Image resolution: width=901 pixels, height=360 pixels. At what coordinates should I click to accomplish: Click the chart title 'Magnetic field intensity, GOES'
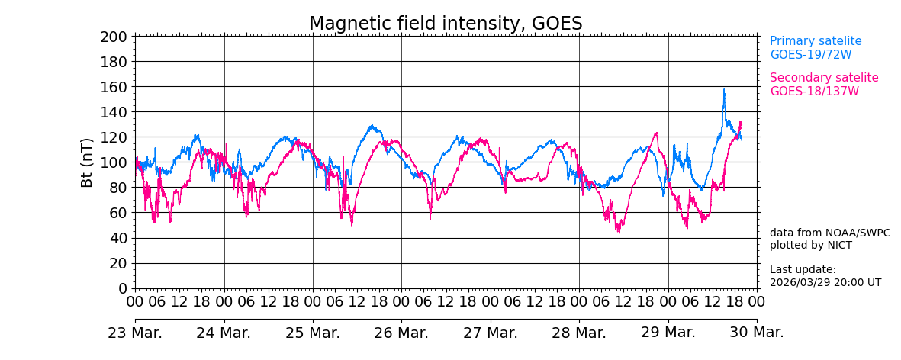point(446,24)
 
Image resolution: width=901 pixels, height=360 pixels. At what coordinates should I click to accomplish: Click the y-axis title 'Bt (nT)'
point(87,162)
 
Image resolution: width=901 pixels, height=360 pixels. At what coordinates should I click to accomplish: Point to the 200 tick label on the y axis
point(113,37)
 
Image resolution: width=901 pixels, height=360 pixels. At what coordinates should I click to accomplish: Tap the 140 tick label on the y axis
point(113,112)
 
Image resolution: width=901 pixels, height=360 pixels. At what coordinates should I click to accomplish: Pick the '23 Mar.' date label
point(135,333)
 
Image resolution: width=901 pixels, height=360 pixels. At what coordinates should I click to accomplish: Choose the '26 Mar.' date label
point(401,333)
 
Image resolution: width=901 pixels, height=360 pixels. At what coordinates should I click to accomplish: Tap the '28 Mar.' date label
point(579,333)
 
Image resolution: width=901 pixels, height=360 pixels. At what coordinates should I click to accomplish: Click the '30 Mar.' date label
point(756,333)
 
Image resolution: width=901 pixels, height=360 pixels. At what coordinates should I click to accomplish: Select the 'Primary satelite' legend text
point(816,41)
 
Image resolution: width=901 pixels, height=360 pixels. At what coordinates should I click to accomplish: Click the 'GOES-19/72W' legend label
point(810,55)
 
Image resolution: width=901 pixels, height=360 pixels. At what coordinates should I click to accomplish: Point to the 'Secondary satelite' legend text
point(824,78)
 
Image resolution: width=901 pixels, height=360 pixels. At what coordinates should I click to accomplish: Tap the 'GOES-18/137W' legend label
point(814,92)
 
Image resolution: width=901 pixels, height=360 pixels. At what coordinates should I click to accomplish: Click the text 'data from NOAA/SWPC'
point(829,233)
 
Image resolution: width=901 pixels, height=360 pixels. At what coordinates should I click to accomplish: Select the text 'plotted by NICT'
point(810,246)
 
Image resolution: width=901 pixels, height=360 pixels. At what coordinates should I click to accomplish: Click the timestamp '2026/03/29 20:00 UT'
point(825,282)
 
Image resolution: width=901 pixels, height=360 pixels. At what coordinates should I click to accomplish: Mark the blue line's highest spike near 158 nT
point(724,90)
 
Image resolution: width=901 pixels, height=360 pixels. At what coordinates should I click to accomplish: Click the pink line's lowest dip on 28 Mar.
point(619,232)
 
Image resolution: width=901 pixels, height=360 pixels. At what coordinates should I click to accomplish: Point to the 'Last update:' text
point(803,270)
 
